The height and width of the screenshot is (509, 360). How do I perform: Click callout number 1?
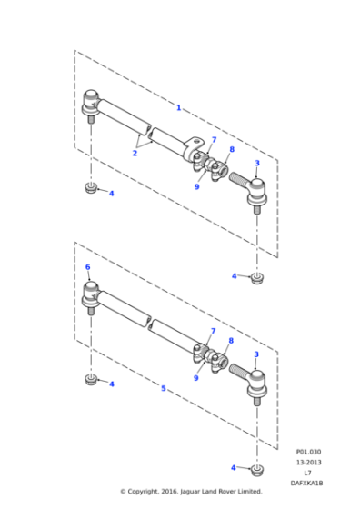178,108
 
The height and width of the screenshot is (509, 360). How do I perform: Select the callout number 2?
134,154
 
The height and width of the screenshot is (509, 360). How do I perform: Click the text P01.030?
309,451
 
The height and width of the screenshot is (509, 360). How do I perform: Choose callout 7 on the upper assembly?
214,140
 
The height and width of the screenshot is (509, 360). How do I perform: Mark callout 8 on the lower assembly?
232,341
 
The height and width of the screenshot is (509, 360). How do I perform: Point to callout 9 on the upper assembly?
196,186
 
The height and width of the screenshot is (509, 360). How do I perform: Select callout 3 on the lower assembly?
256,354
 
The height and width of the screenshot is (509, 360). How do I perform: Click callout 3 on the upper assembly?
256,163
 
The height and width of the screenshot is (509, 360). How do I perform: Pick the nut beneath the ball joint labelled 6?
91,379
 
